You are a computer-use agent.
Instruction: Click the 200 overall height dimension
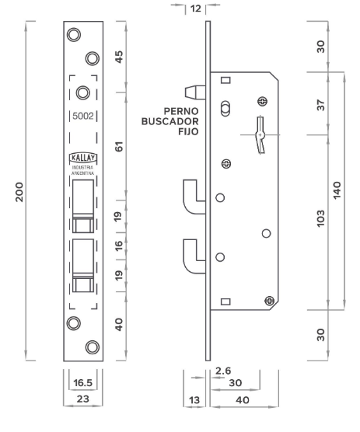pyautogui.click(x=20, y=192)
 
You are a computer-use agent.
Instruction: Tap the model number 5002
pyautogui.click(x=83, y=116)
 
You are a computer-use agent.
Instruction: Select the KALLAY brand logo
pyautogui.click(x=83, y=158)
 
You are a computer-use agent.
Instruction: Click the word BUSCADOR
pyautogui.click(x=170, y=121)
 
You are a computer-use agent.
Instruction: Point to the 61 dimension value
pyautogui.click(x=119, y=147)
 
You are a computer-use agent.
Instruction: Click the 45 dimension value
pyautogui.click(x=119, y=57)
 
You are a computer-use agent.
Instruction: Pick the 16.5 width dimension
pyautogui.click(x=83, y=383)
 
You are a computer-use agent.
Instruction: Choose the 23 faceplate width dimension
pyautogui.click(x=83, y=399)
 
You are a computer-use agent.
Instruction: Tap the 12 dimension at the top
pyautogui.click(x=196, y=9)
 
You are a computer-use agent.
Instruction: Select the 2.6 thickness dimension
pyautogui.click(x=223, y=371)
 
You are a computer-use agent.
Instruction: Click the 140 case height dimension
pyautogui.click(x=337, y=190)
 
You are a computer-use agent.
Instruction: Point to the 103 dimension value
pyautogui.click(x=320, y=219)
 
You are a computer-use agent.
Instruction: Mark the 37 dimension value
pyautogui.click(x=320, y=105)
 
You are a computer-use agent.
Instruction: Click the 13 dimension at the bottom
pyautogui.click(x=194, y=400)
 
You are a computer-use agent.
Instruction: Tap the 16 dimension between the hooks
pyautogui.click(x=118, y=246)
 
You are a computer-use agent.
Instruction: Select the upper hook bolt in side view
pyautogui.click(x=193, y=197)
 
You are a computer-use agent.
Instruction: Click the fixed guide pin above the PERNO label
pyautogui.click(x=195, y=92)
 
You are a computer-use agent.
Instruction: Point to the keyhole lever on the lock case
pyautogui.click(x=260, y=134)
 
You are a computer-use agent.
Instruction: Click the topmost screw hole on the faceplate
pyautogui.click(x=74, y=35)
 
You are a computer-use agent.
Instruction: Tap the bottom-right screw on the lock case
pyautogui.click(x=269, y=301)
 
